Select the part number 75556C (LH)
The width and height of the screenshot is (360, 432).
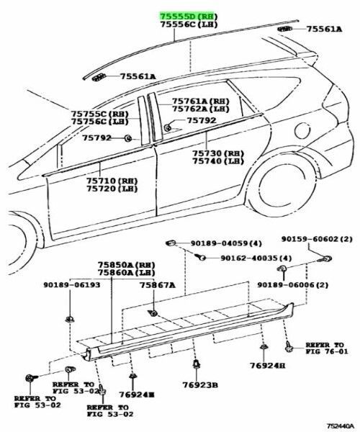click(189, 24)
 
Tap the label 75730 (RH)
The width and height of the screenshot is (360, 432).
click(218, 153)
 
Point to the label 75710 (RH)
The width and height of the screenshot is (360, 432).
click(112, 181)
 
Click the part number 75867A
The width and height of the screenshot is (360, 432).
click(157, 285)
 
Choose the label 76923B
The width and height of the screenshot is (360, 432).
click(200, 384)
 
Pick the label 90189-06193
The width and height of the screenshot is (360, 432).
click(71, 284)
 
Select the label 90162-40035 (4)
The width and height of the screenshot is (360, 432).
click(256, 258)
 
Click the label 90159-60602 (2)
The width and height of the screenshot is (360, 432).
click(317, 239)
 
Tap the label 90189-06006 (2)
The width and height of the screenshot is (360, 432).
click(293, 284)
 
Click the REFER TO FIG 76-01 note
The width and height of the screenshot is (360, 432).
click(327, 348)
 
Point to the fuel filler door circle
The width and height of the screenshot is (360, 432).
click(302, 130)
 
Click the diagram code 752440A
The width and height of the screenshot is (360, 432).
click(341, 426)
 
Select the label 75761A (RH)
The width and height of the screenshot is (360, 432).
click(201, 101)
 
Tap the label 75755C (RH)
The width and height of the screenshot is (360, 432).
click(99, 114)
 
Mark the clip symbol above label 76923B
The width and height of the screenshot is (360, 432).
click(196, 364)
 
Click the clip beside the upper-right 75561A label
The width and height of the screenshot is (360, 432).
click(284, 29)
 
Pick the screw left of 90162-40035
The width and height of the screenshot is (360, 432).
click(201, 257)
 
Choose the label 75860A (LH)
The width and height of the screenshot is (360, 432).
click(127, 272)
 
